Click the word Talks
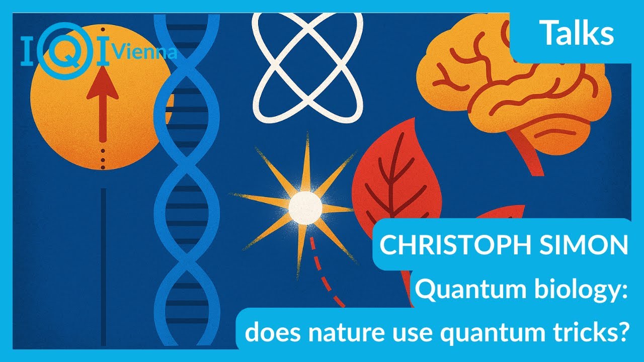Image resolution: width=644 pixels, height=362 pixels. pyautogui.click(x=577, y=34)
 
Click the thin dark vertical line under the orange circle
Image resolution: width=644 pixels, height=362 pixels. pyautogui.click(x=103, y=261)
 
